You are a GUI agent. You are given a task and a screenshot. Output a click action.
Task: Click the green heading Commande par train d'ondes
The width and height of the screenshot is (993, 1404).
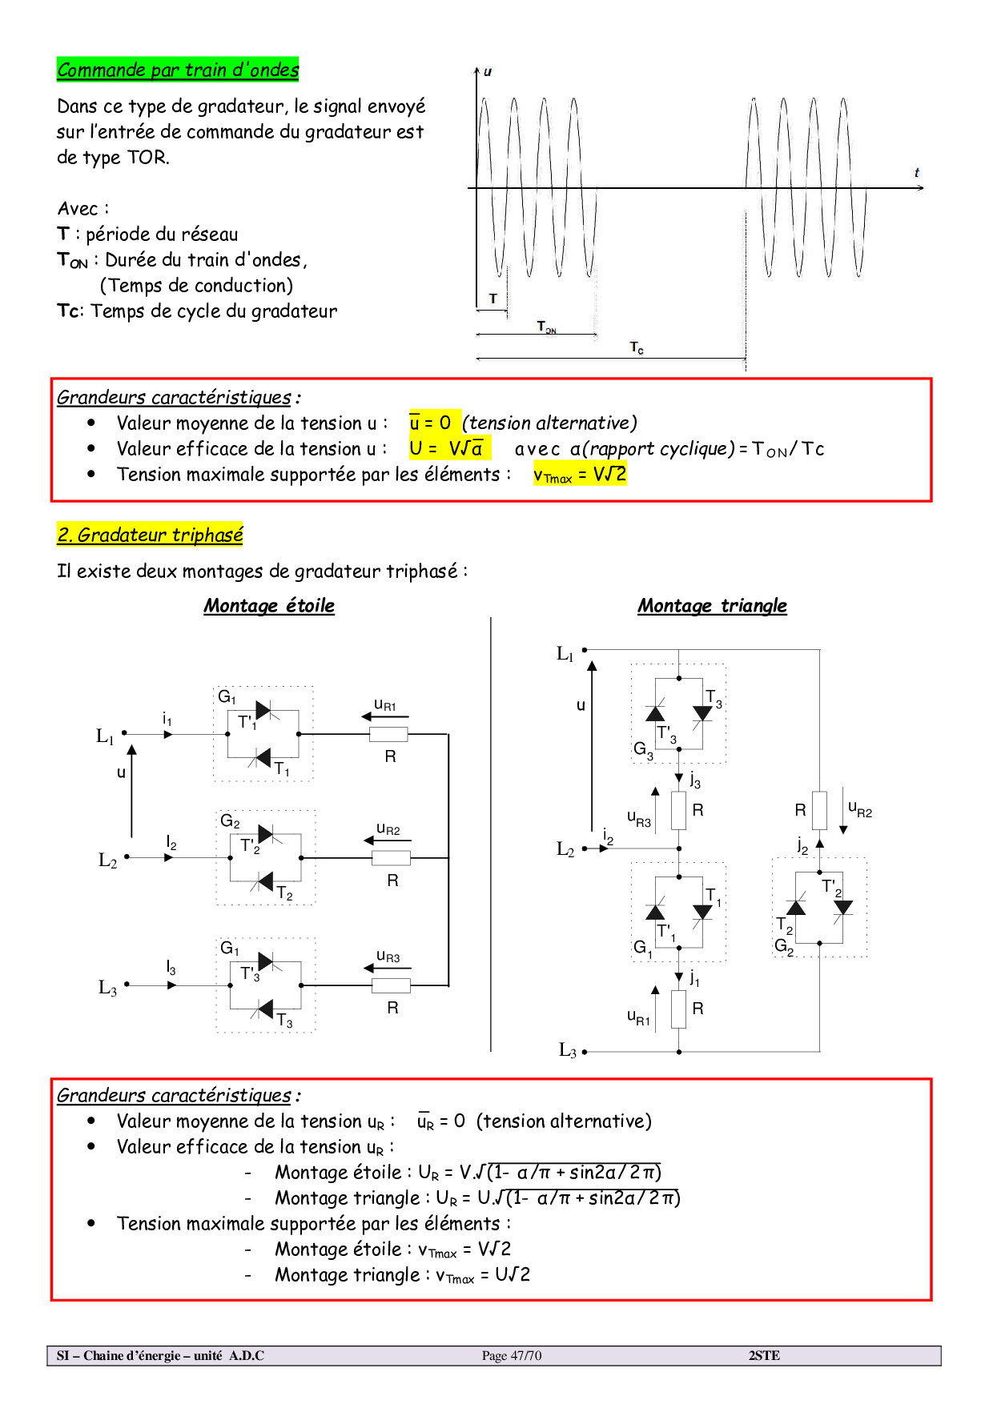178,70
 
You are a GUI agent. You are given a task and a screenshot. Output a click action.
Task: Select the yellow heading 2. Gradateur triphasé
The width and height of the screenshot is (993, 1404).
150,535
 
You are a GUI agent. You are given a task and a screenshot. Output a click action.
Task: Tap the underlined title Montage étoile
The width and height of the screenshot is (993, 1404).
269,606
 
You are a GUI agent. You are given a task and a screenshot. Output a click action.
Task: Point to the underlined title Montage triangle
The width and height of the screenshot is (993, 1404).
712,606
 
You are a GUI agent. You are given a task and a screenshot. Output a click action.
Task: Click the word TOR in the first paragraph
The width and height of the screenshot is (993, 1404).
147,158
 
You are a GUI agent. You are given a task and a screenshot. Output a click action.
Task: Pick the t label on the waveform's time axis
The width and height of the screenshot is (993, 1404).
917,172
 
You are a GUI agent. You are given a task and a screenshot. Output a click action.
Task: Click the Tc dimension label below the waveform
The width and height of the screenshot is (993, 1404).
637,347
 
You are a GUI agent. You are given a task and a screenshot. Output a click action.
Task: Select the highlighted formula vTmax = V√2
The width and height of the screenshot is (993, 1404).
580,475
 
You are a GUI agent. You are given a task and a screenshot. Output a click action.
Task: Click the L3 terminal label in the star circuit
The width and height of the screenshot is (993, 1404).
107,988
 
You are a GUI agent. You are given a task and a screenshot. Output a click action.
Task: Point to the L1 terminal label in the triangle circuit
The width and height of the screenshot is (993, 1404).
565,654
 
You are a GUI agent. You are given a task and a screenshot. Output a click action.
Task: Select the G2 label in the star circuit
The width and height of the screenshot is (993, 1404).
230,821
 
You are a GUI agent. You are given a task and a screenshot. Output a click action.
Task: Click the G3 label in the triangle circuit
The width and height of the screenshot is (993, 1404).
643,749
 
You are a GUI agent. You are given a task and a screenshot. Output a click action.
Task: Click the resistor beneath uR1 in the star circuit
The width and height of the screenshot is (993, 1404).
388,734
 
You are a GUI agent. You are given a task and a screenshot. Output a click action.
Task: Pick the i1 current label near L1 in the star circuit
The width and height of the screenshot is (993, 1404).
167,719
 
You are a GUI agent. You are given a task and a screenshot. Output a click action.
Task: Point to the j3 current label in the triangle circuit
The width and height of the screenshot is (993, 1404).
694,780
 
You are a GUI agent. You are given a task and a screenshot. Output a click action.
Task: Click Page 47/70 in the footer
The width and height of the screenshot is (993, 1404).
512,1356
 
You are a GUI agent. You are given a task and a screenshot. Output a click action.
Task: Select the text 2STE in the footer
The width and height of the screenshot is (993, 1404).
764,1356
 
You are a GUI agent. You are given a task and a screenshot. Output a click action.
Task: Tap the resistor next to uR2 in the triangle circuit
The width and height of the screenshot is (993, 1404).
819,810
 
